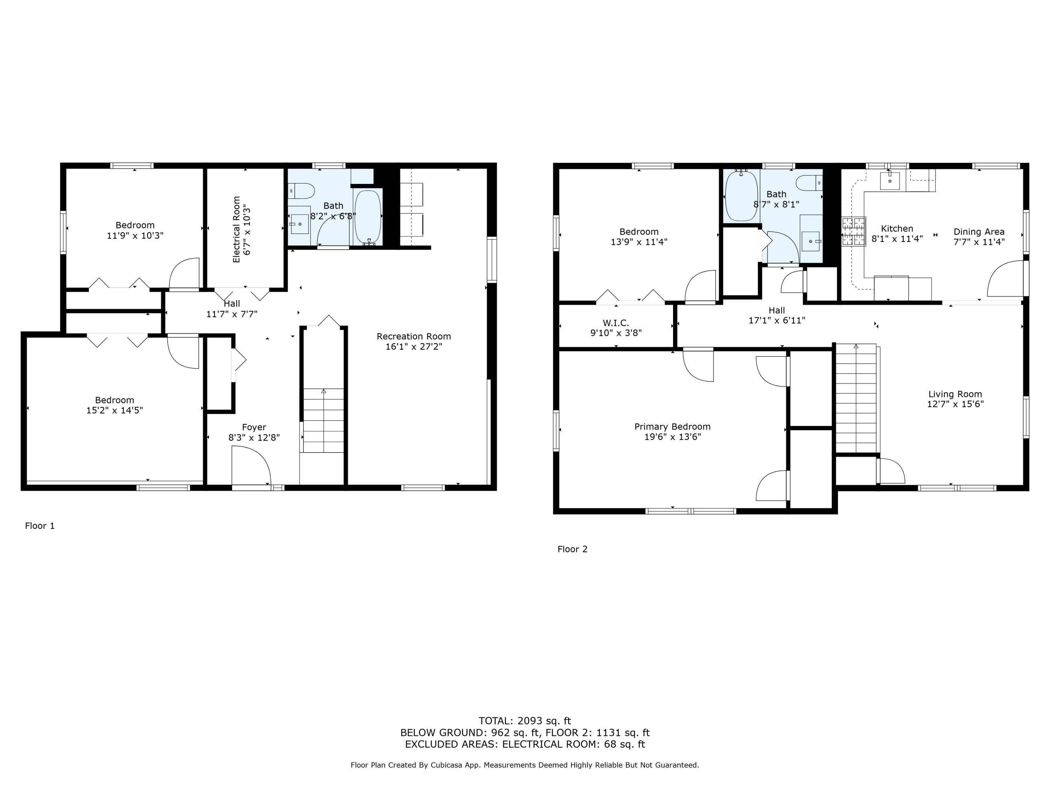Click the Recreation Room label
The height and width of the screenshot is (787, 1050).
point(413,336)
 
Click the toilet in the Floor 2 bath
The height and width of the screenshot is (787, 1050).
point(809,183)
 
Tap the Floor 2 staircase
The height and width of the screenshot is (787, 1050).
point(855,398)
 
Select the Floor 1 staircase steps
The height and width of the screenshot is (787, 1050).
point(323,420)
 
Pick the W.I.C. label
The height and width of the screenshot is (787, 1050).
point(616,323)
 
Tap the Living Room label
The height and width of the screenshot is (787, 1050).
point(955,394)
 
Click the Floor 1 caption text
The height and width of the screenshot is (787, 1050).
point(40,526)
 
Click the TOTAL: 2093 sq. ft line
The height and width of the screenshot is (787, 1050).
point(525,721)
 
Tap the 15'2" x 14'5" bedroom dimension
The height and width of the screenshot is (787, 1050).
point(114,410)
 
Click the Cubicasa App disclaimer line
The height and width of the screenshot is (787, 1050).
point(525,765)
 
